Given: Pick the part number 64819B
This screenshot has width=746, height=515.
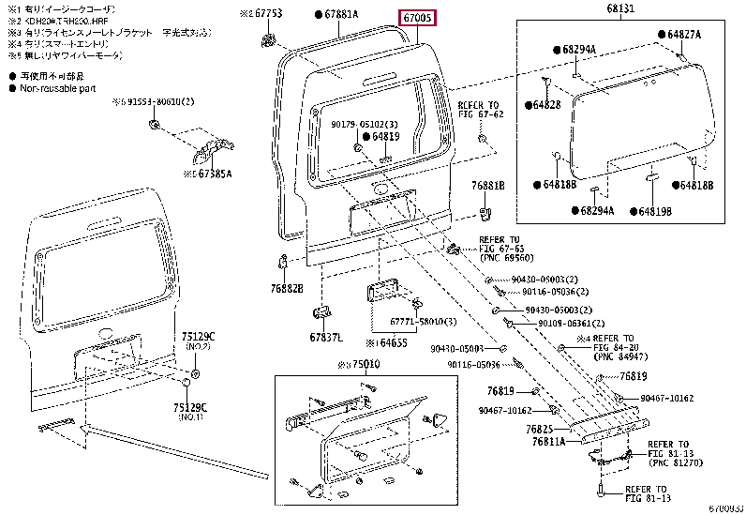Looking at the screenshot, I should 653,210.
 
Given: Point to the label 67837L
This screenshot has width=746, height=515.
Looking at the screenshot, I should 326,337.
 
